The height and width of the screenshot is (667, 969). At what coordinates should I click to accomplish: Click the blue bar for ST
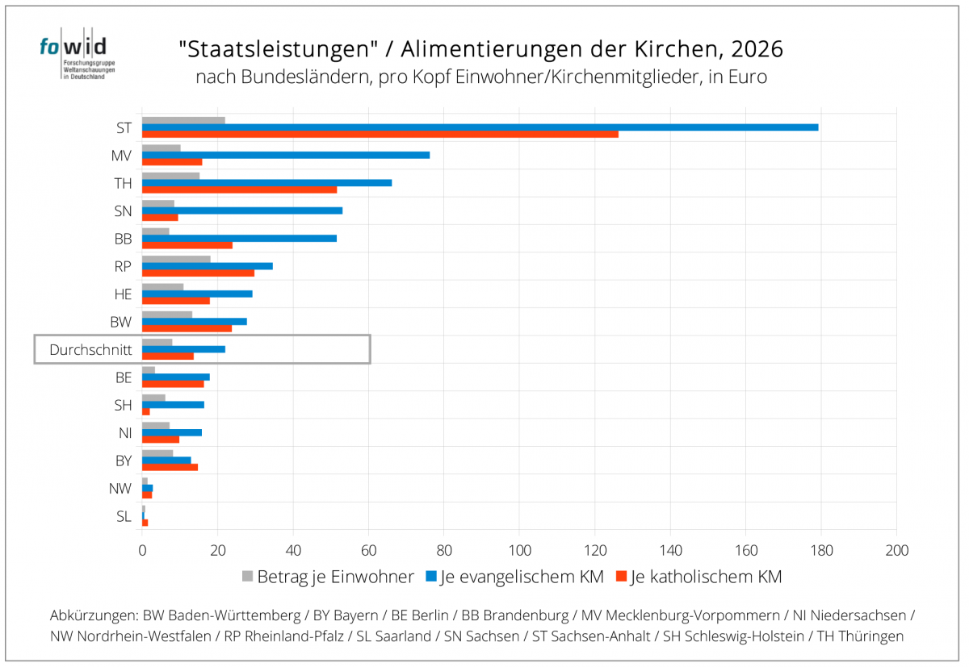click(480, 127)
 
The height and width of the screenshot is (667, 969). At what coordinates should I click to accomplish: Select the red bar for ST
click(380, 134)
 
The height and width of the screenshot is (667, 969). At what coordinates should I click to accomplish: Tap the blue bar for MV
click(286, 155)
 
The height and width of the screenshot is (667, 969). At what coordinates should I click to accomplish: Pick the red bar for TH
click(239, 190)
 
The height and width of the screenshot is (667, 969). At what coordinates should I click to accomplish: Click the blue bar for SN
click(242, 211)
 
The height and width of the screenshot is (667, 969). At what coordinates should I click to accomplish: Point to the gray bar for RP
click(176, 259)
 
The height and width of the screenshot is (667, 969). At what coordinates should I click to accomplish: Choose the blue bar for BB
click(239, 238)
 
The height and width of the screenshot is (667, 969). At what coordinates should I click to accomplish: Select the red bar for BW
click(187, 328)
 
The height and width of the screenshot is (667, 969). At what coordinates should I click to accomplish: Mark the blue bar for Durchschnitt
click(183, 348)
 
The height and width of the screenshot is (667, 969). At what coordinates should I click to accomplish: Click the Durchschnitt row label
click(90, 349)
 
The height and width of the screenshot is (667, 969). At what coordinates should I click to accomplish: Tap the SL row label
click(124, 516)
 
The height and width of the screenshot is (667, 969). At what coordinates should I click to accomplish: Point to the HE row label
click(123, 294)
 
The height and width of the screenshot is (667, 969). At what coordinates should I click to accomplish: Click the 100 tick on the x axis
click(519, 551)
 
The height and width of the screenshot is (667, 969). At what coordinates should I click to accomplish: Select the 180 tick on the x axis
click(821, 551)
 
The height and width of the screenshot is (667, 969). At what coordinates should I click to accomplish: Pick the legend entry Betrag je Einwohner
click(329, 577)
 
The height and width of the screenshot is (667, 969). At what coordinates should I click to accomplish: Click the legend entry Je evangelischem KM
click(514, 577)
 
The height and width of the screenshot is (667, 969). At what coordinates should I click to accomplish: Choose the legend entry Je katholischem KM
click(698, 577)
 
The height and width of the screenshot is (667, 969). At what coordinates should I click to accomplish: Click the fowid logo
click(73, 57)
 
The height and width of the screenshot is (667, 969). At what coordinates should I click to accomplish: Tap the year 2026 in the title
click(756, 50)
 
